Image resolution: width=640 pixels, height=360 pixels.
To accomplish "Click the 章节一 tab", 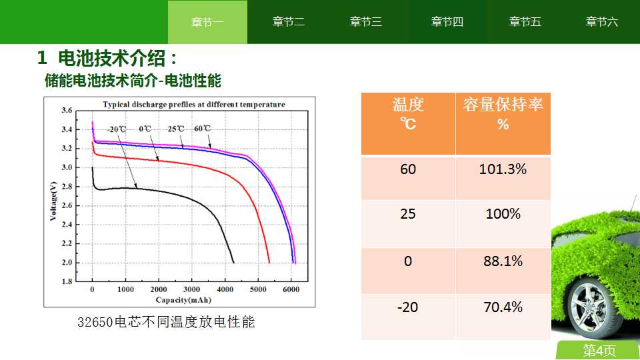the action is point(207,22).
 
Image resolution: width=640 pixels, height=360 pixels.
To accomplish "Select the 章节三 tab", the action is point(366,22).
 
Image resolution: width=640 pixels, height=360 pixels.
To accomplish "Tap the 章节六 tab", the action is point(601,22).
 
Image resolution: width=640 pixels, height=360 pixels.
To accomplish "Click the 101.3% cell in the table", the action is point(503,169).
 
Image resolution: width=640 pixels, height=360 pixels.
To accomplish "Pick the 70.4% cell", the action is point(503,307).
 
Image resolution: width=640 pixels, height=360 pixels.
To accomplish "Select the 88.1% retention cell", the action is point(503,261).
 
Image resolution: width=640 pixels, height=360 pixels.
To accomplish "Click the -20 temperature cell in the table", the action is point(408,307).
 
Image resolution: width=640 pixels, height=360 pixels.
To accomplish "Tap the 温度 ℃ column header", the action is point(408,114).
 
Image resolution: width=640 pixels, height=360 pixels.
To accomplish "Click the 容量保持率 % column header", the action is point(503,114).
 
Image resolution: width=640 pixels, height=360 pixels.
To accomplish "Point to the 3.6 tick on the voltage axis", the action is point(67,110).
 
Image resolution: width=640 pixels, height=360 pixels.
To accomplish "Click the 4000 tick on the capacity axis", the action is point(225,289).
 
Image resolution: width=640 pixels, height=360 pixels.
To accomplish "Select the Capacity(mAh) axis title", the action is point(184,300).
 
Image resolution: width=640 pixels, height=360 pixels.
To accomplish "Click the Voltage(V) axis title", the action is point(53,201).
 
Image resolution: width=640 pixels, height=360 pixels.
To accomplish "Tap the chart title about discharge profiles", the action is point(194,105).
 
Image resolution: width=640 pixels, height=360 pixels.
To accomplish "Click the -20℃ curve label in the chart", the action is point(117,129).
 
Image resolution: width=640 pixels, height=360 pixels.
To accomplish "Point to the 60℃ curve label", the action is point(203,129).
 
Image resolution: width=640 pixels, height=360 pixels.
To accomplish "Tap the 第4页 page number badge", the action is point(599,350).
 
